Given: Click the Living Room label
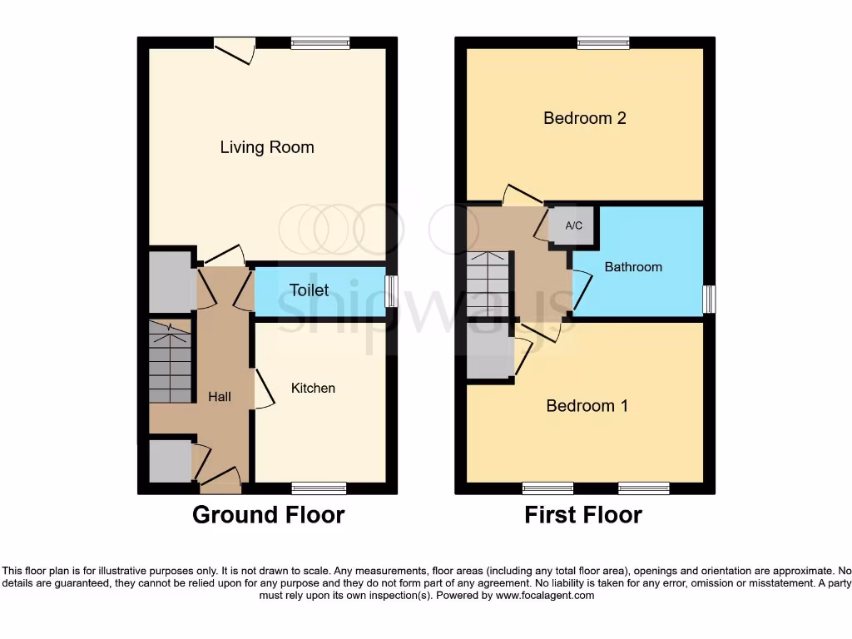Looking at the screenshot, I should click(x=267, y=147).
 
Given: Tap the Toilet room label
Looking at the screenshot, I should click(x=309, y=290).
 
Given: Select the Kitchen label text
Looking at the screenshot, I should click(x=313, y=388).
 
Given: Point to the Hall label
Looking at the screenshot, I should click(x=220, y=397).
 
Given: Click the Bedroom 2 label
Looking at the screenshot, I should click(x=584, y=118).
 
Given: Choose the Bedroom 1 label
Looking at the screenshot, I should click(x=587, y=406).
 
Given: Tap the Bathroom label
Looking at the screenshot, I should click(x=633, y=267).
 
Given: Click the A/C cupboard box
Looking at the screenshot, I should click(x=573, y=225).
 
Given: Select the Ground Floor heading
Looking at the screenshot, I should click(x=268, y=515).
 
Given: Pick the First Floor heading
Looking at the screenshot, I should click(x=582, y=515).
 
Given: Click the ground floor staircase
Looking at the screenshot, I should click(x=171, y=363).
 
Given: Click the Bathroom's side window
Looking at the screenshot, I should click(x=708, y=299).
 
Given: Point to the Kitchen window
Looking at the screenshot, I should click(x=318, y=488).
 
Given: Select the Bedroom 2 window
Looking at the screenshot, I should click(x=603, y=42).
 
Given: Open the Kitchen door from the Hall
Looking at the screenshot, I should click(x=263, y=389).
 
